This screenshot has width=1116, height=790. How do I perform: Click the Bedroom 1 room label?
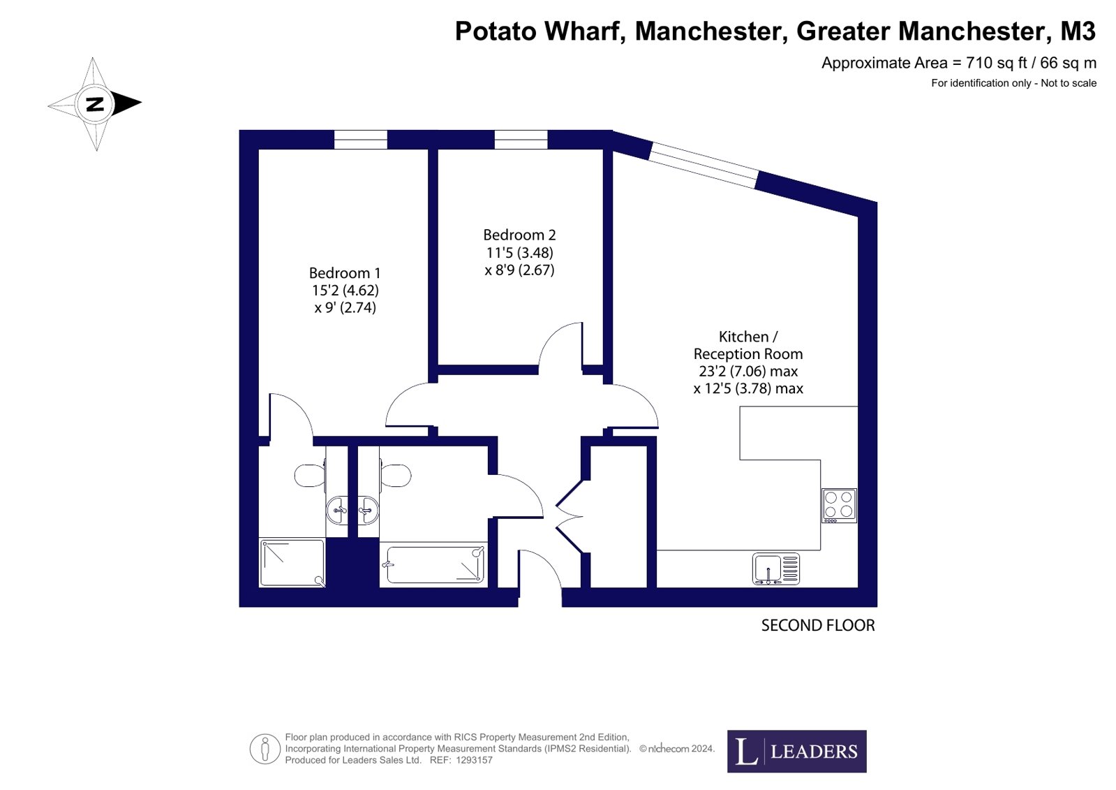tap(345, 273)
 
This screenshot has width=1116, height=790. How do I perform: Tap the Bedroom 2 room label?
tap(519, 235)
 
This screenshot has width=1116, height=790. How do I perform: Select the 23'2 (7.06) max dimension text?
tap(747, 371)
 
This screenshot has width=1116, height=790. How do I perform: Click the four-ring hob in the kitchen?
tap(839, 505)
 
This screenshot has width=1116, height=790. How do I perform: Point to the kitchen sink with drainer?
tap(775, 569)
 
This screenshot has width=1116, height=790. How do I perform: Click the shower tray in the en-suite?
tap(292, 562)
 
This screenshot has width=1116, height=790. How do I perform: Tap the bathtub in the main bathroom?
tap(433, 564)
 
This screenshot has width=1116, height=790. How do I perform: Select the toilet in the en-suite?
tap(310, 476)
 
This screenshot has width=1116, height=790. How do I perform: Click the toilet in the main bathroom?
tap(396, 476)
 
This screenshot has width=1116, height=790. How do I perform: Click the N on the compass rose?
tap(95, 104)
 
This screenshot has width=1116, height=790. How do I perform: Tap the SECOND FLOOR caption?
tap(817, 625)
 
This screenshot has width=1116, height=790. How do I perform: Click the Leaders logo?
tap(796, 751)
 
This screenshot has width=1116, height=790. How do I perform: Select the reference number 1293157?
tap(474, 760)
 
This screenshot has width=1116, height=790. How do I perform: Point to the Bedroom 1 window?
tap(360, 140)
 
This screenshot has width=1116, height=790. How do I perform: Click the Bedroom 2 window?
tap(521, 140)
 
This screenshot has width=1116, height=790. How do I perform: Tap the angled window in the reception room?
tap(704, 166)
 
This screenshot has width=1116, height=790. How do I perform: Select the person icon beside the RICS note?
tap(265, 749)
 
